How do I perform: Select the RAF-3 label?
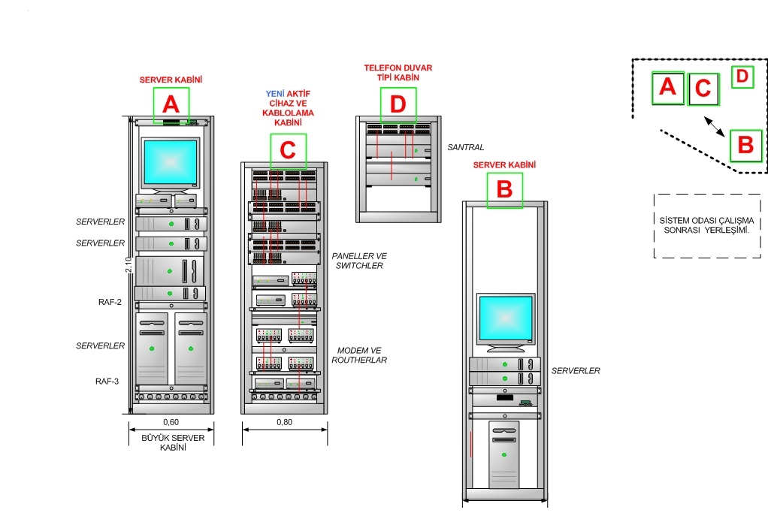click(x=107, y=381)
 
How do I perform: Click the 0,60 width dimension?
click(x=171, y=421)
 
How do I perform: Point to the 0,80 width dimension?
click(x=285, y=421)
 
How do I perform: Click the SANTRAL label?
click(x=465, y=147)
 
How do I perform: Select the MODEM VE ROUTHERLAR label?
click(x=361, y=355)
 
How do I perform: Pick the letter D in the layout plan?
click(x=742, y=77)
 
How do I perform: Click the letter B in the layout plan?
click(x=745, y=145)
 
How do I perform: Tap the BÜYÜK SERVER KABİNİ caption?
click(x=171, y=442)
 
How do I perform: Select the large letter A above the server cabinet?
click(x=171, y=104)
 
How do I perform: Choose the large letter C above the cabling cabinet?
click(x=288, y=150)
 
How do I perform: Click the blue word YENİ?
click(x=274, y=94)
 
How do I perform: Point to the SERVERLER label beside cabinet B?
click(x=576, y=371)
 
